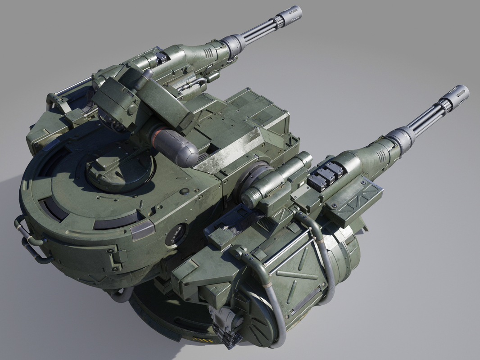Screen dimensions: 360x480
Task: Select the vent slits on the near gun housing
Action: (381, 156)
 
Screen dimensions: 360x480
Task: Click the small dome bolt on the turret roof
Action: (184, 191)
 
